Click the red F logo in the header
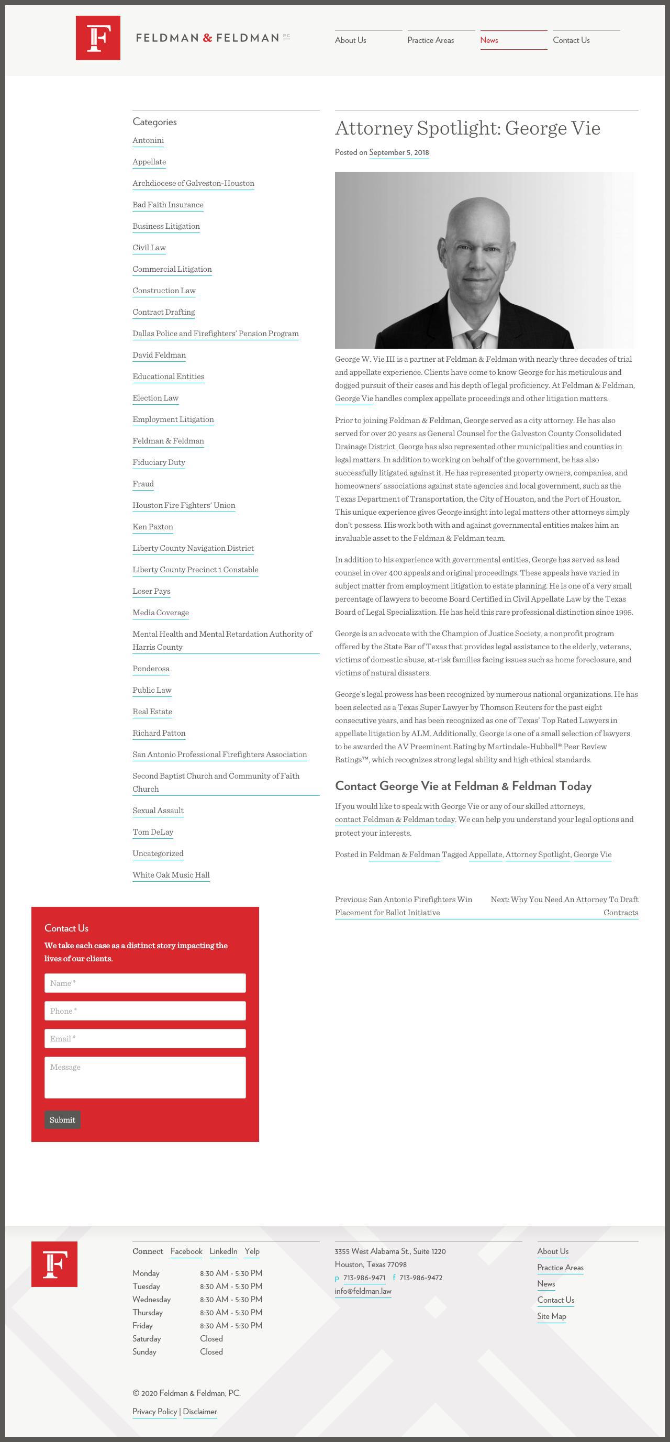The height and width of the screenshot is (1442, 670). pos(98,38)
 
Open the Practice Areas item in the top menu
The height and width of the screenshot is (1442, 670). pos(430,40)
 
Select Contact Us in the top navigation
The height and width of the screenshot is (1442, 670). pos(571,40)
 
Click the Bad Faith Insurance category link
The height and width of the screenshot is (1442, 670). pos(168,205)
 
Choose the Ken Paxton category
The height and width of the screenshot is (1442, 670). pos(153,527)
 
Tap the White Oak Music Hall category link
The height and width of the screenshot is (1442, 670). pos(171,875)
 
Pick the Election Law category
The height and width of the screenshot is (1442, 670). pos(155,398)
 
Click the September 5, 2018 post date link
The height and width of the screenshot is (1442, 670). pos(398,152)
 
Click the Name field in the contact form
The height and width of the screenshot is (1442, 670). pos(145,983)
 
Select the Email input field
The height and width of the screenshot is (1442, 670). pos(145,1038)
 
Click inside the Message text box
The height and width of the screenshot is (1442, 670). pos(145,1077)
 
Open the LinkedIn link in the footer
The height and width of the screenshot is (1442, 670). pos(224,1251)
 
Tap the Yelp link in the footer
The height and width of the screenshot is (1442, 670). pos(252,1251)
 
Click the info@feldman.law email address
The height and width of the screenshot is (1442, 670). pos(363,1291)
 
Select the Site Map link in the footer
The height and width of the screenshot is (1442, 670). pos(551,1316)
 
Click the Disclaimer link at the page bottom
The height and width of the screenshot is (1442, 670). pos(200,1411)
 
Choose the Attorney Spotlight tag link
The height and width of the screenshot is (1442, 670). pos(538,855)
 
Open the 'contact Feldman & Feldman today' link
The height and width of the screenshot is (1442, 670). pos(395,819)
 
